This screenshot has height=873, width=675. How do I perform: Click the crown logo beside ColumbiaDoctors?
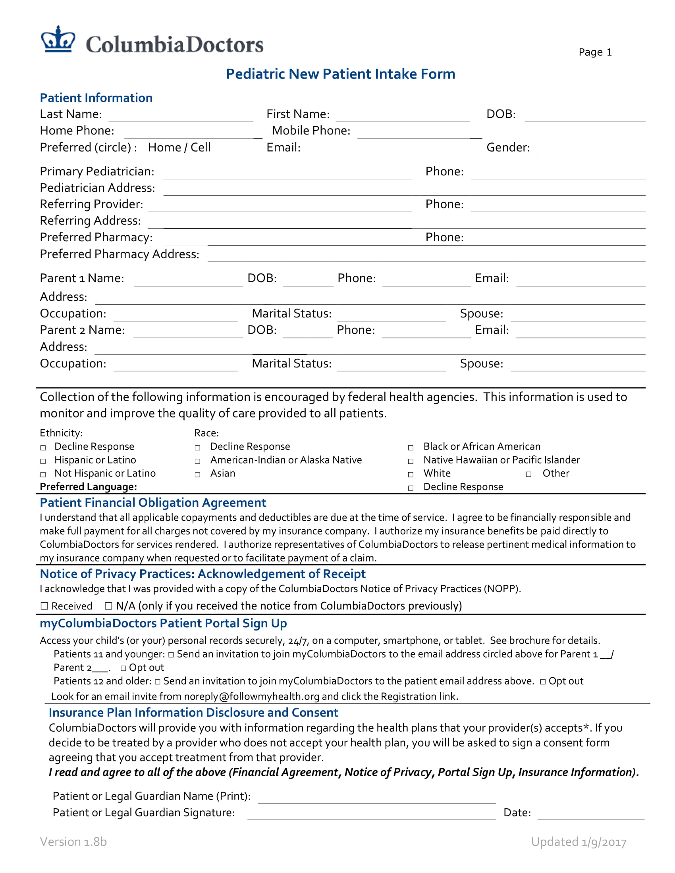[58, 40]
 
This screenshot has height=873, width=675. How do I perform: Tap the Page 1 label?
[595, 52]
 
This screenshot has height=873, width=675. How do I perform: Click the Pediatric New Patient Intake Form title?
[340, 74]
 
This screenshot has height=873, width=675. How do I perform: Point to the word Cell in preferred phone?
[201, 148]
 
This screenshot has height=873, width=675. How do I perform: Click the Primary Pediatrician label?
[97, 171]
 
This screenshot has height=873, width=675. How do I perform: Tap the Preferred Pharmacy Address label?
[119, 254]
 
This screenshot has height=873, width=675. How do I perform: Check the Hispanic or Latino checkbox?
[43, 461]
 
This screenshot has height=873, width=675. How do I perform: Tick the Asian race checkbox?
[198, 475]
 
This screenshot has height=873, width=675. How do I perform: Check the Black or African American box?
[411, 448]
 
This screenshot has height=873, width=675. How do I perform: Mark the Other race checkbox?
[528, 475]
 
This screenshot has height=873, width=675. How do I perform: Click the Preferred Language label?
[88, 487]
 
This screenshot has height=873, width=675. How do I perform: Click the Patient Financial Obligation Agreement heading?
[153, 503]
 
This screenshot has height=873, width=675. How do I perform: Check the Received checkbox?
[44, 606]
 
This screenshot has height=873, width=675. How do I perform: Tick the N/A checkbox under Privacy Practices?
[108, 606]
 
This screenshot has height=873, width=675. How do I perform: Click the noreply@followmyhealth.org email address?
[251, 697]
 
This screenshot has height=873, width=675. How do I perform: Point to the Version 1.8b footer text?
[73, 842]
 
